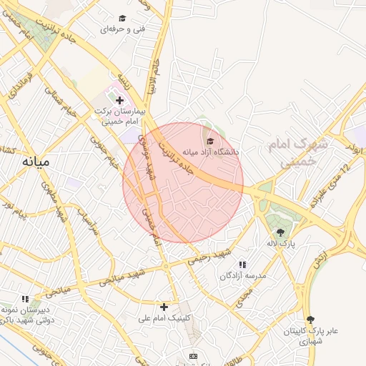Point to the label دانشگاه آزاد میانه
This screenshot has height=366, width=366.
(x=211, y=152)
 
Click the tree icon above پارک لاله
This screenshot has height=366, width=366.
(x=280, y=232)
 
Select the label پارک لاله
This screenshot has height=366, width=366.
(x=281, y=244)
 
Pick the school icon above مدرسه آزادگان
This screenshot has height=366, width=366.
(x=242, y=264)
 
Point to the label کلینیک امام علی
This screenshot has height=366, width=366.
(x=165, y=317)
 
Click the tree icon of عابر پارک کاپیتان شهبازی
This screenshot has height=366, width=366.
(x=310, y=320)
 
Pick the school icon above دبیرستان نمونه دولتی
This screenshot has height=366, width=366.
(x=26, y=299)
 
